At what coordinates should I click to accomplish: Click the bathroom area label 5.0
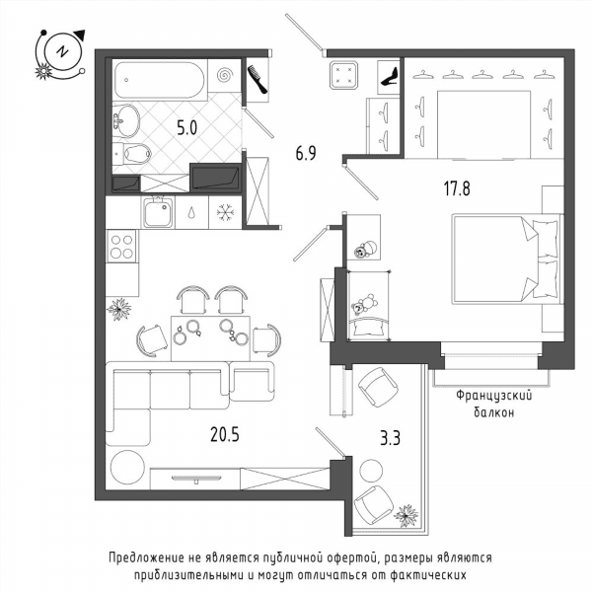coord(187,128)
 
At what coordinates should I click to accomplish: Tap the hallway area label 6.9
coord(306,153)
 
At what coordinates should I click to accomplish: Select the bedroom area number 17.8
coord(457,188)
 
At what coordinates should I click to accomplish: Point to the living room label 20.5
coord(225,434)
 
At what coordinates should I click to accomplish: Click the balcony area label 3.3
coord(390,438)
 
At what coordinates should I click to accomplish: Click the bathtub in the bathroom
coord(159,80)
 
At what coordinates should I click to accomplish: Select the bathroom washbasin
coord(126,120)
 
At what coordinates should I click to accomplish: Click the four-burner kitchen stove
coord(122,246)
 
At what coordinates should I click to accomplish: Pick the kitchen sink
coord(158,212)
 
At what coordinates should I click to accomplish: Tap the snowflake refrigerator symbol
coord(225,212)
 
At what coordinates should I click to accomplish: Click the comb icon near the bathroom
coord(258,79)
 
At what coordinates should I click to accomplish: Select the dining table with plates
coord(210,338)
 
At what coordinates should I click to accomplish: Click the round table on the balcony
coord(371,471)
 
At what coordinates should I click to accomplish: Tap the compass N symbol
coord(62,51)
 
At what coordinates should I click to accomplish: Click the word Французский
coord(494,396)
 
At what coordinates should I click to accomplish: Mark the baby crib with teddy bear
coord(369,306)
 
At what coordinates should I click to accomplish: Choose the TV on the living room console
coord(196,479)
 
